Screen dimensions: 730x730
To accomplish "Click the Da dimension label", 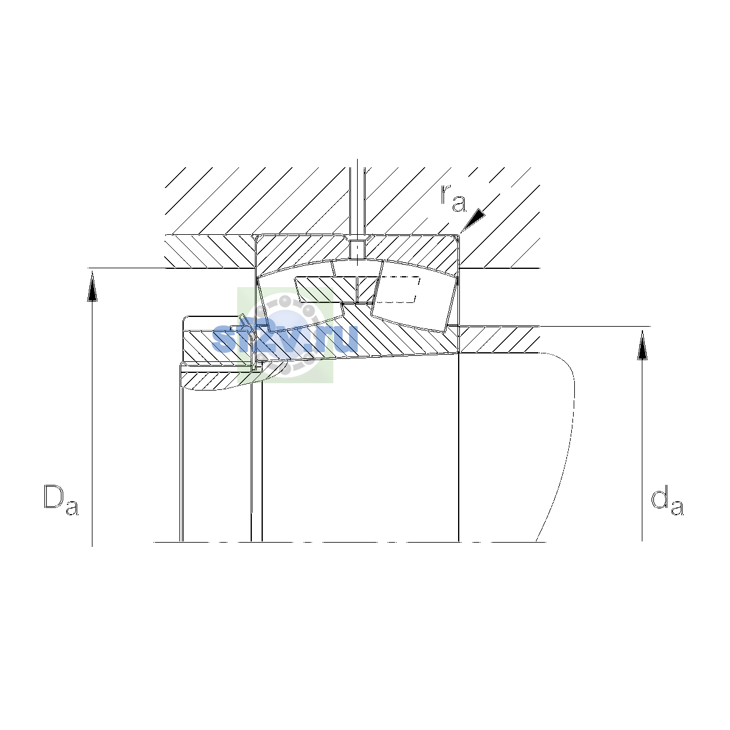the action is [61, 499].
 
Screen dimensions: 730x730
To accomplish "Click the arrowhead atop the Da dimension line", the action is [92, 288].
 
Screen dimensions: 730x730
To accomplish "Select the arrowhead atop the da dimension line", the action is [642, 345].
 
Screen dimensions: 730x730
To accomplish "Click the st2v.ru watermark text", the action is [285, 338].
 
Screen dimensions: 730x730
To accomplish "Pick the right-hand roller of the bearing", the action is [415, 296].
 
